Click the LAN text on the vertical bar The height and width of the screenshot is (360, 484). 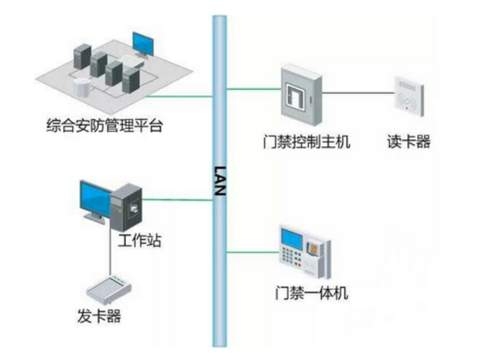click(x=220, y=181)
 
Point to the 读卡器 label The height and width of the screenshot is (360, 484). click(x=409, y=142)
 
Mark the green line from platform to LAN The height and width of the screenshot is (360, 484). click(x=180, y=96)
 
